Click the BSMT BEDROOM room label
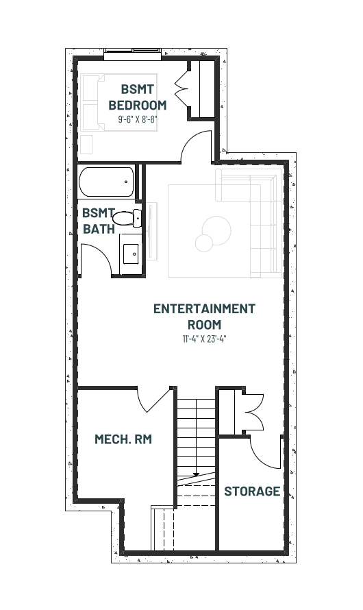(138, 97)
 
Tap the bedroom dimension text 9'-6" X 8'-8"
(137, 119)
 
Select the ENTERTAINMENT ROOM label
(204, 316)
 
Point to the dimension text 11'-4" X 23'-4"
(204, 339)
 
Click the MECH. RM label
(123, 439)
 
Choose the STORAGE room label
(252, 491)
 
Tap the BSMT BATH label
(99, 221)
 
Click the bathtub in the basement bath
(106, 182)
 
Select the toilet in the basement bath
(127, 218)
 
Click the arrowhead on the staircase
(197, 474)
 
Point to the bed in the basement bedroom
(120, 102)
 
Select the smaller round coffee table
(204, 243)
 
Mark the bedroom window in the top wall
(133, 54)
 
